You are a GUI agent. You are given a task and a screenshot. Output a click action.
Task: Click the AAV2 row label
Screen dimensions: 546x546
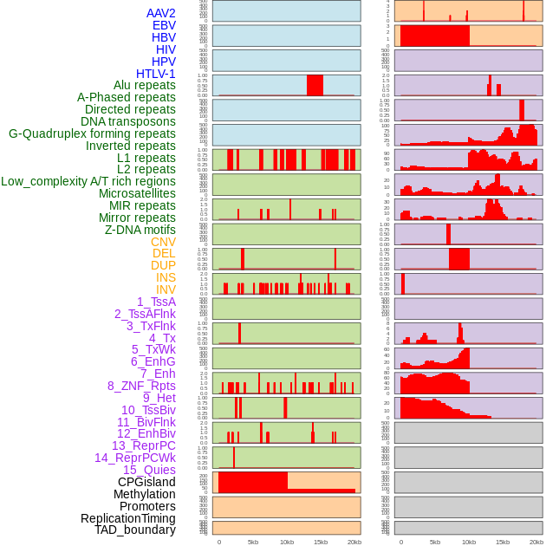[x=161, y=13]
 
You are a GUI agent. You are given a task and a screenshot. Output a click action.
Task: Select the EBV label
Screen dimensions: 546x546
[x=164, y=25]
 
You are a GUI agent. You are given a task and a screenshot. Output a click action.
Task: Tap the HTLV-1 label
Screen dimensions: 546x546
[x=156, y=74]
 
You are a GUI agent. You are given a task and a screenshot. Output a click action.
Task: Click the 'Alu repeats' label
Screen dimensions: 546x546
[x=145, y=85]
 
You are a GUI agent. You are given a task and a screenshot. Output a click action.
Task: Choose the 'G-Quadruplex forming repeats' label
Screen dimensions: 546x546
[x=92, y=133]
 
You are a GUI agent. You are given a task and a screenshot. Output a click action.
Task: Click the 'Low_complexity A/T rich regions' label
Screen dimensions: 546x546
[x=88, y=181]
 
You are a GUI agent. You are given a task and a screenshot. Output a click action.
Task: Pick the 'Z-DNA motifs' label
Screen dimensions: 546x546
[x=140, y=230]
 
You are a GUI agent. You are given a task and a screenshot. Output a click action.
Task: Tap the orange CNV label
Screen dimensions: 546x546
[x=163, y=242]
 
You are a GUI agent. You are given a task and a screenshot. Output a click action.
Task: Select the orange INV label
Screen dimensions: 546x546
[x=166, y=289]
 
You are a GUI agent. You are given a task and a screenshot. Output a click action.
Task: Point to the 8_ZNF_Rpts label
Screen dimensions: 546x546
[x=141, y=386]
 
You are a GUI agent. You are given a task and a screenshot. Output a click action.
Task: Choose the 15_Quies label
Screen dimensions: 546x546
[x=149, y=470]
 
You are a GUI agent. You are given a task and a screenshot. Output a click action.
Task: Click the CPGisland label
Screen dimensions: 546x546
[x=146, y=482]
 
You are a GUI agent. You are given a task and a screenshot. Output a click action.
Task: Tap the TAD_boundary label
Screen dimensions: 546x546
[x=135, y=530]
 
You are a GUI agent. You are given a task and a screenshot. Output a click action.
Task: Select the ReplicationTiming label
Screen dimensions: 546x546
[x=128, y=518]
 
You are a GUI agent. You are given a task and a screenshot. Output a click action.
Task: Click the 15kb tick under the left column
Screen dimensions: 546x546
[x=321, y=542]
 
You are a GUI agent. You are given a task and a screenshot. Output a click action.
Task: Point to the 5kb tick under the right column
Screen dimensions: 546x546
[x=434, y=542]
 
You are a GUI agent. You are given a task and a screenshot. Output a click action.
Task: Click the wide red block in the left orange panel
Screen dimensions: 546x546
[x=253, y=481]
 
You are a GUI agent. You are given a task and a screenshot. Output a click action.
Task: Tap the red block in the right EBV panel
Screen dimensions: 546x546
[x=434, y=36]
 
